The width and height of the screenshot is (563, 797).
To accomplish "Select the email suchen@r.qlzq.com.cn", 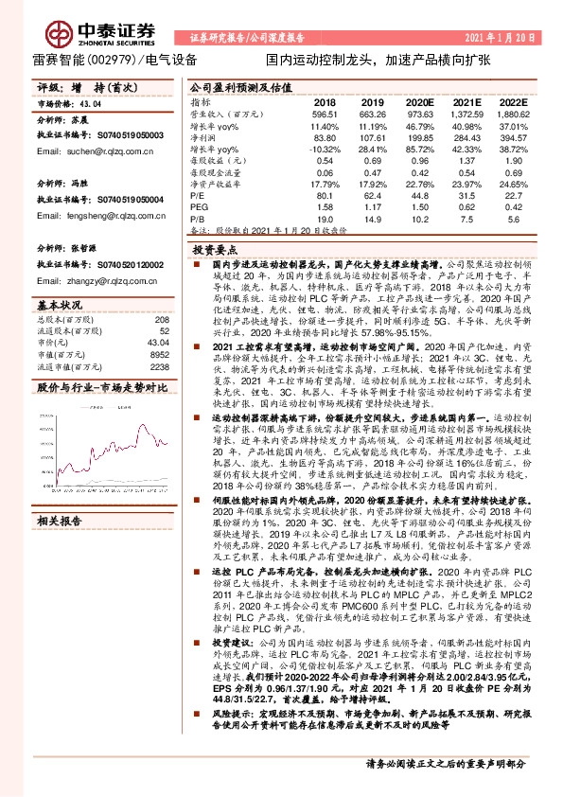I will click(x=79, y=151).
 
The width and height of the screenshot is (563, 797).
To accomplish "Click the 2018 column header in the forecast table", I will click(x=325, y=101).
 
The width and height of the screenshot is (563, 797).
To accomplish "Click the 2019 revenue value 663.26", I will click(x=373, y=114).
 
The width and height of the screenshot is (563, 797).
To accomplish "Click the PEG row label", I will click(x=199, y=207).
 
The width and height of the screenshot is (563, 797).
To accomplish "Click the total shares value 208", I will click(x=161, y=322).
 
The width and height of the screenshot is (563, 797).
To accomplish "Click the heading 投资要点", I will click(x=212, y=250).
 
